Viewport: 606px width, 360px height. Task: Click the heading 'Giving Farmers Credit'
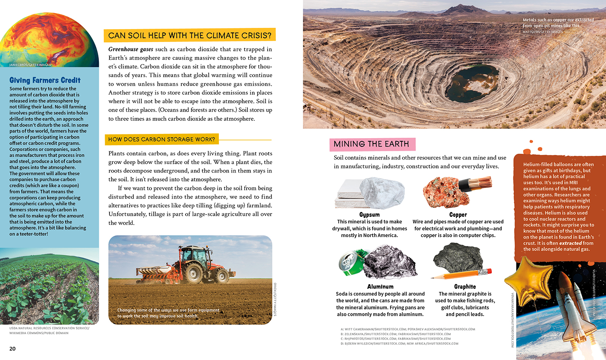[x=45, y=80]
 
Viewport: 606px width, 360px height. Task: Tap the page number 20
[x=13, y=349]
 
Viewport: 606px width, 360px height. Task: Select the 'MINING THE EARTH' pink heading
[x=371, y=144]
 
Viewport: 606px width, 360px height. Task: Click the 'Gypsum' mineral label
[x=369, y=215]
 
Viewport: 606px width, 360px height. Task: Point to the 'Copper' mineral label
[x=458, y=215]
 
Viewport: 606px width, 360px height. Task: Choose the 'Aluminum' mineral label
[x=380, y=287]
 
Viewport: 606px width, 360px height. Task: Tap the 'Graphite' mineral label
[x=465, y=287]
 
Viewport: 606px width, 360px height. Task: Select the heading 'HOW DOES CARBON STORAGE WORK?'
[x=162, y=139]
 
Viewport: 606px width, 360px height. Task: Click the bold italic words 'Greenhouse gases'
[x=130, y=49]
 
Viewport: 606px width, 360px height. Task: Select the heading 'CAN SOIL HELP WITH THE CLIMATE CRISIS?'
[x=189, y=35]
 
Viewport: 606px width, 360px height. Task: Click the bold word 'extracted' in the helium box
[x=570, y=243]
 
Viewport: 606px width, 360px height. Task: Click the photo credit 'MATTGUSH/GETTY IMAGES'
[x=542, y=32]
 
